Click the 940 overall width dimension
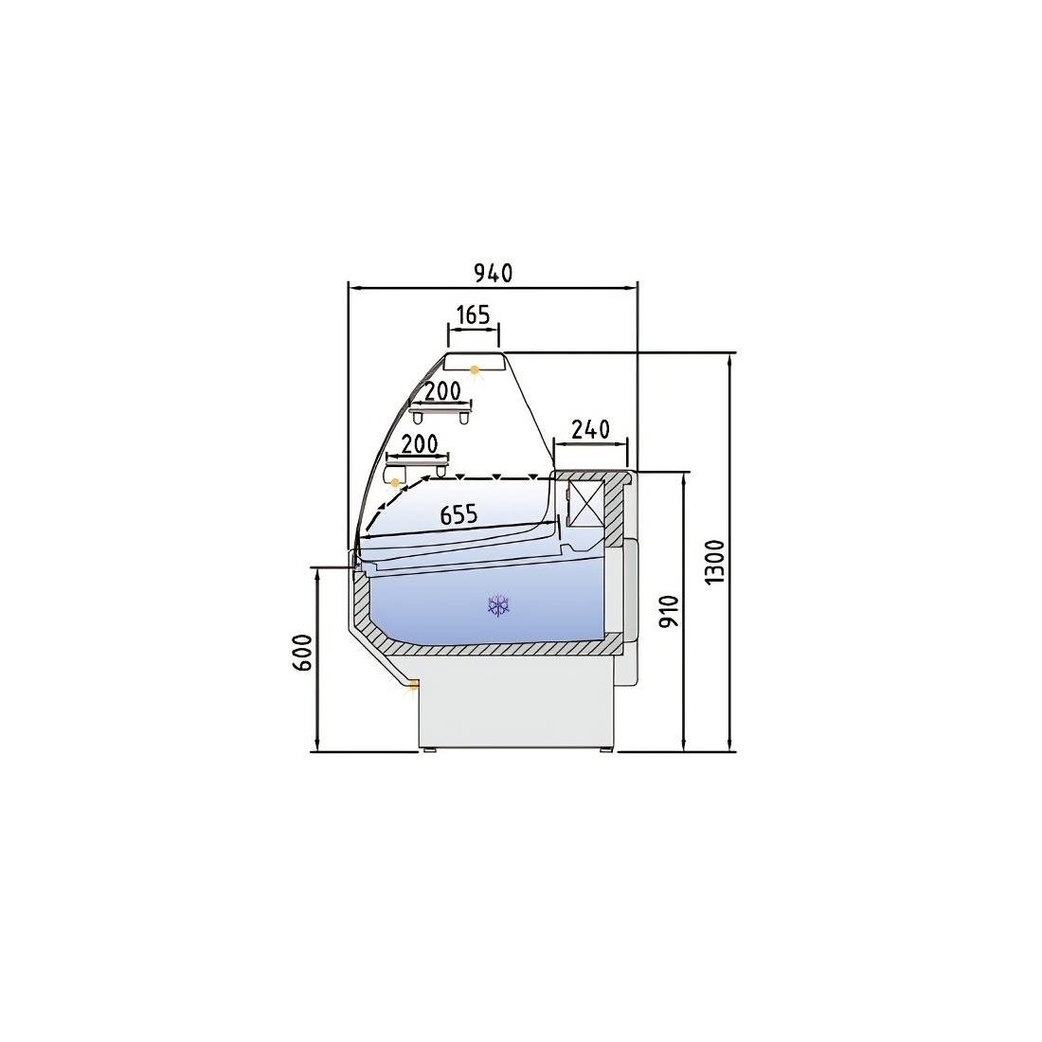point(494,273)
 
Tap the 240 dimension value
point(590,429)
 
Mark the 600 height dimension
point(301,652)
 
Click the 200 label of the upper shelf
point(442,391)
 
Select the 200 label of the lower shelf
point(420,443)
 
